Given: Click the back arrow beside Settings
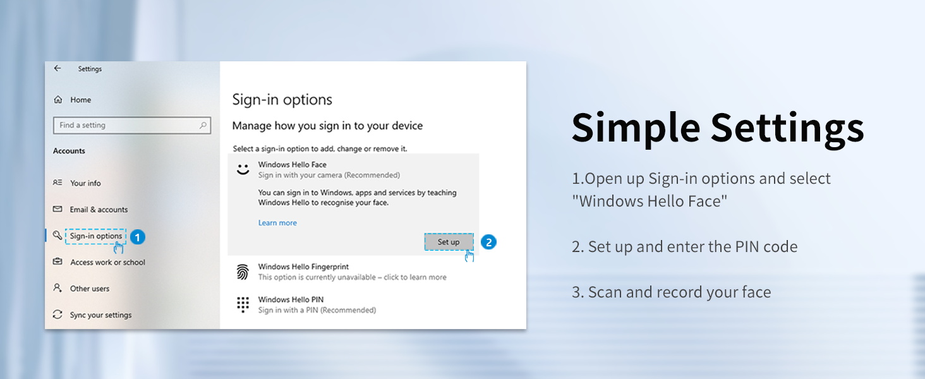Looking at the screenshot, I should pyautogui.click(x=57, y=68).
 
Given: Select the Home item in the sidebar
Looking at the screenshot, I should pyautogui.click(x=80, y=100).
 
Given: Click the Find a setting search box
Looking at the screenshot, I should pyautogui.click(x=126, y=125).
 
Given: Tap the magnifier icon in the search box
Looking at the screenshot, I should pyautogui.click(x=203, y=125).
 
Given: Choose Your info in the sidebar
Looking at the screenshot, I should pyautogui.click(x=85, y=183).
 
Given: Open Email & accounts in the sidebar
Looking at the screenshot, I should pyautogui.click(x=99, y=210).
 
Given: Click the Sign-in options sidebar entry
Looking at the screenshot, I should pyautogui.click(x=95, y=236).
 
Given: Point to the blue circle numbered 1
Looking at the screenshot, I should pyautogui.click(x=137, y=238).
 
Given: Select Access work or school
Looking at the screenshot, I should pyautogui.click(x=107, y=262).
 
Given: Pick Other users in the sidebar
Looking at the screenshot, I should pyautogui.click(x=89, y=289).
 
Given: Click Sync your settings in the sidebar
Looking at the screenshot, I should pyautogui.click(x=100, y=315).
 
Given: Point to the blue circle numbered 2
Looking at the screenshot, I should pyautogui.click(x=488, y=242).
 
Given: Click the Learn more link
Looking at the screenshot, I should pyautogui.click(x=277, y=223).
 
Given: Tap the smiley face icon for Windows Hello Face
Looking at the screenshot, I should pyautogui.click(x=243, y=169).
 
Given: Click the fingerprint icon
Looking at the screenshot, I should pyautogui.click(x=243, y=272).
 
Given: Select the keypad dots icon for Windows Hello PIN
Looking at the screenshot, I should pyautogui.click(x=243, y=304).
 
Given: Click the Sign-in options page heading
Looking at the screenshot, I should pyautogui.click(x=282, y=100).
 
